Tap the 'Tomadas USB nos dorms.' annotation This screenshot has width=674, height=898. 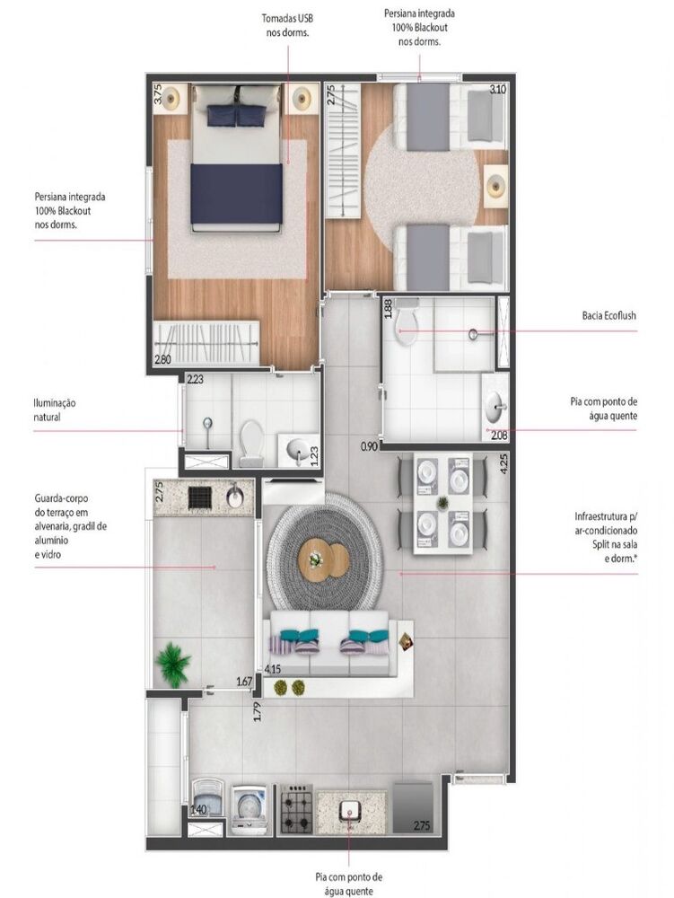[287, 25]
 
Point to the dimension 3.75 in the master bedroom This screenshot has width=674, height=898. [158, 94]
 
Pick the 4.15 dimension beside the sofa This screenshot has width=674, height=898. [274, 669]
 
